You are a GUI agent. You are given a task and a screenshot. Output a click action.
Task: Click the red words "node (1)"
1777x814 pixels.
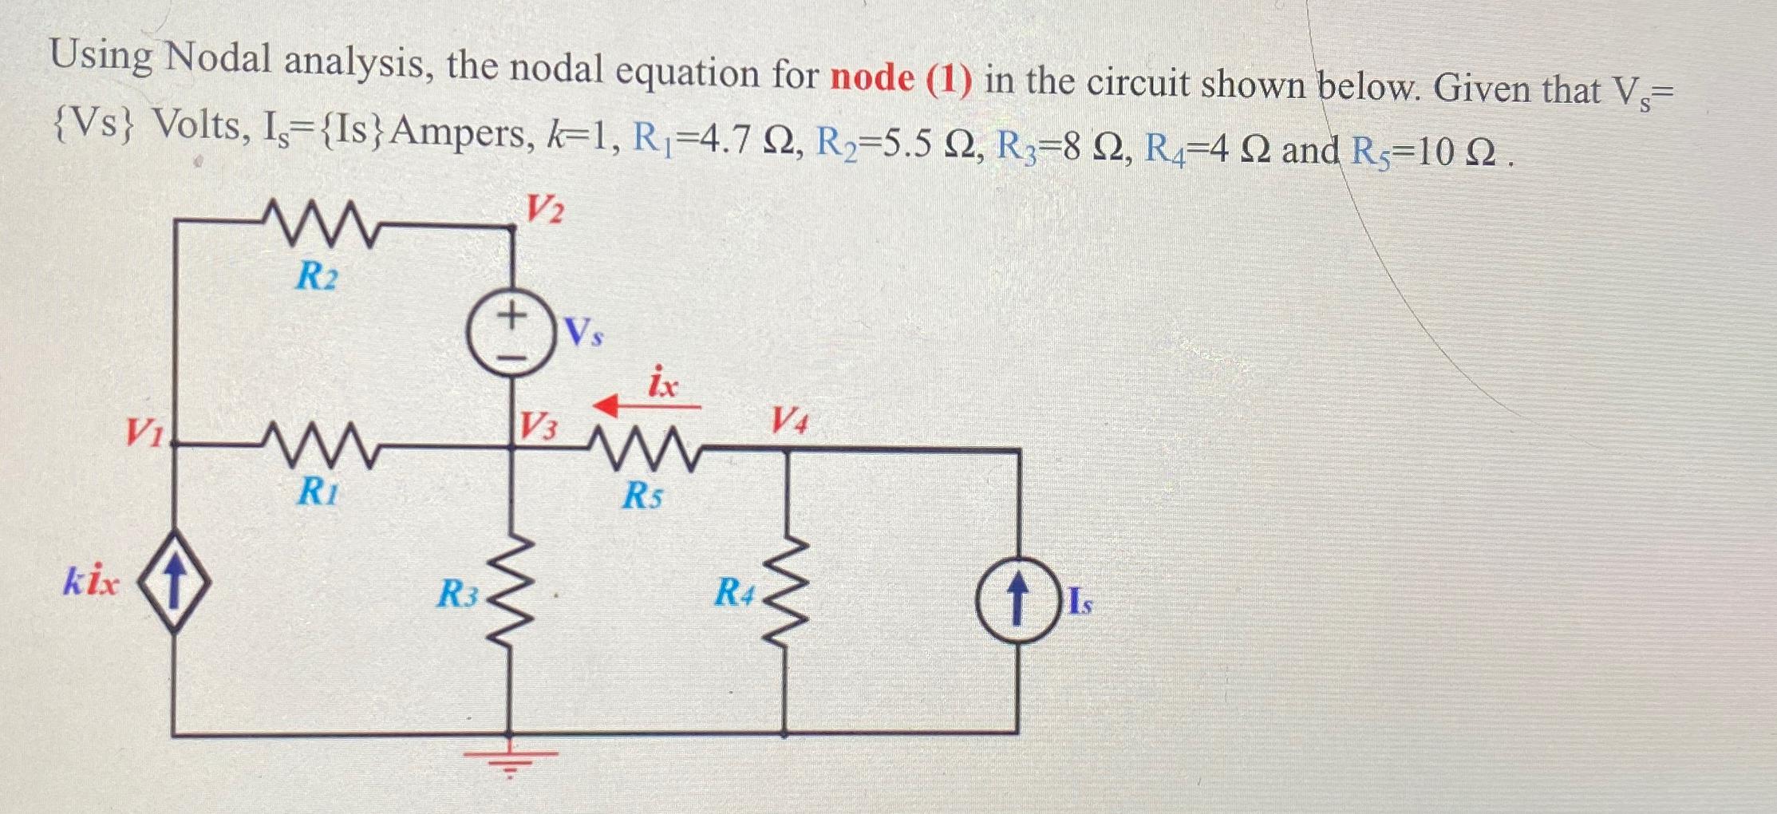click(x=901, y=79)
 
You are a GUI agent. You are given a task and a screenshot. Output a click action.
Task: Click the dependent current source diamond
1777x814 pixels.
click(x=176, y=583)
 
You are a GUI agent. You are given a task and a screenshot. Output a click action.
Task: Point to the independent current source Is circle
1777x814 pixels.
click(x=1017, y=600)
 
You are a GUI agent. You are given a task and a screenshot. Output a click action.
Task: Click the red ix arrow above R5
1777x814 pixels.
click(x=646, y=406)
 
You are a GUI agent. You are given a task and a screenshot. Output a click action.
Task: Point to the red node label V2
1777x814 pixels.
click(x=545, y=209)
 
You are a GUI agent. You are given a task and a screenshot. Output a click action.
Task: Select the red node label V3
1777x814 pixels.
click(x=539, y=427)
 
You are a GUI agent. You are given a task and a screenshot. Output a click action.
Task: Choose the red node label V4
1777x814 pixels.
click(x=789, y=420)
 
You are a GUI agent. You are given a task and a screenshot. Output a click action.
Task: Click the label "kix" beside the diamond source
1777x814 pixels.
click(x=91, y=583)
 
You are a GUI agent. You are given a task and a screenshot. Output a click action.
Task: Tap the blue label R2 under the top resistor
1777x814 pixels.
click(x=317, y=276)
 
